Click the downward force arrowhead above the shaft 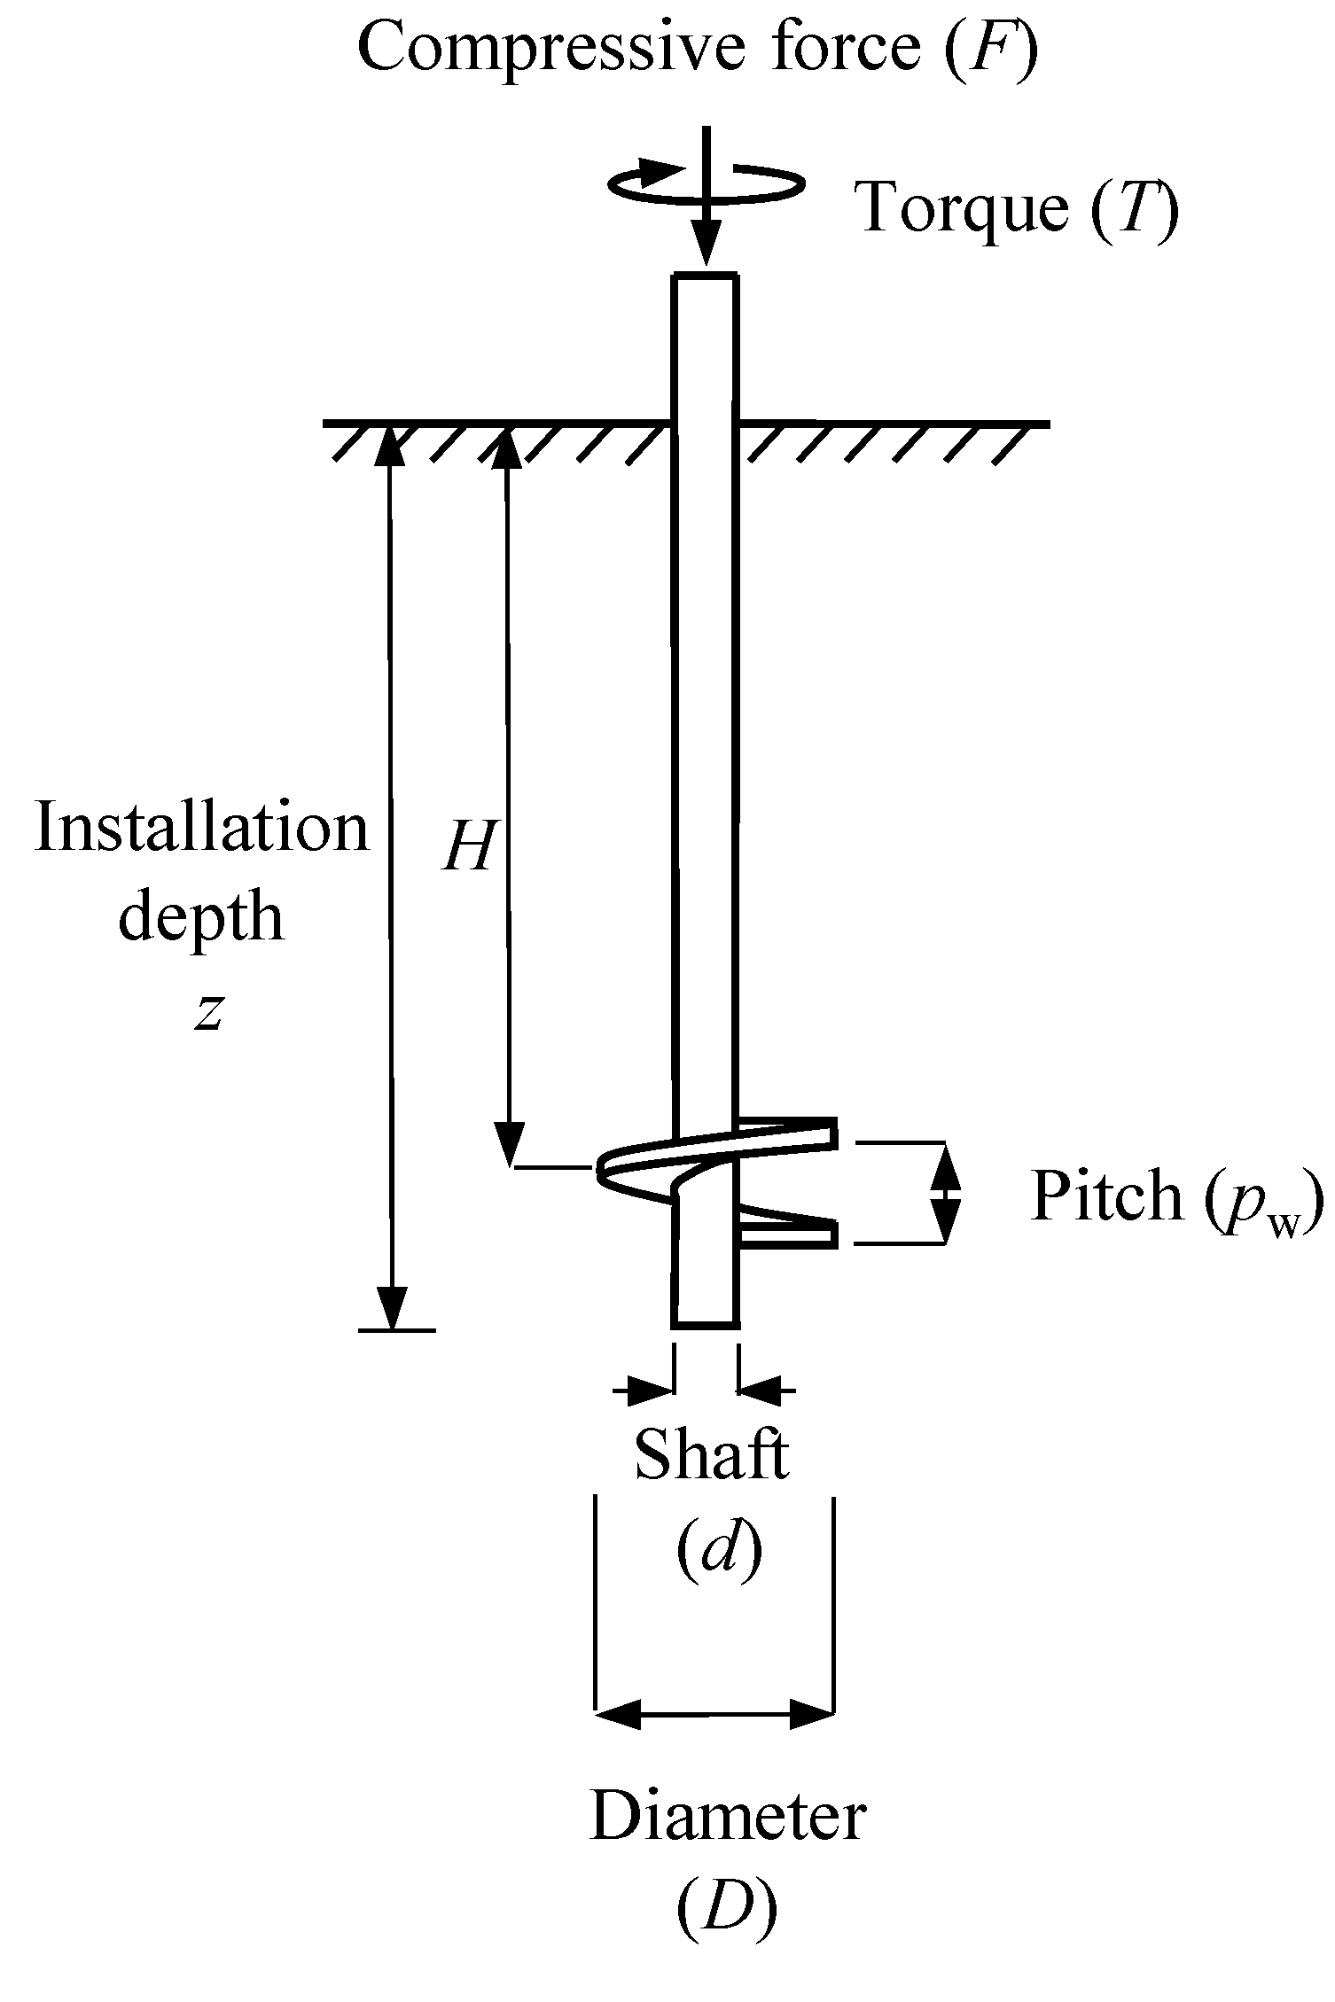tap(706, 248)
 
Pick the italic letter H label tap(467, 845)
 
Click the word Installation tap(201, 828)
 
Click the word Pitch tap(1107, 1197)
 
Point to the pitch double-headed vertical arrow tap(946, 1193)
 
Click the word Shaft tap(712, 1455)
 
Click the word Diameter tap(728, 1816)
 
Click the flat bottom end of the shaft tap(706, 1326)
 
